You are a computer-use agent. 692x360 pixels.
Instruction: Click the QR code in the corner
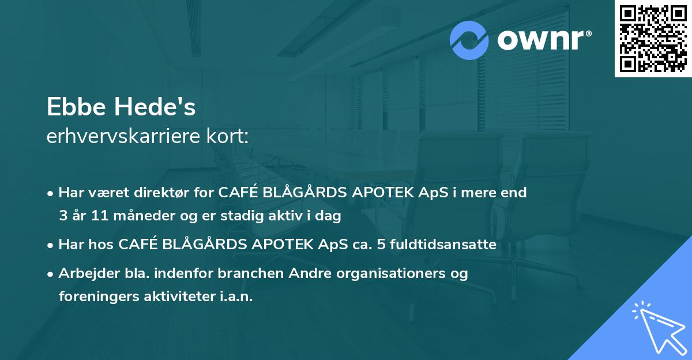(653, 38)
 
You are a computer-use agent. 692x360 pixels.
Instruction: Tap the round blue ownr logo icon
(469, 40)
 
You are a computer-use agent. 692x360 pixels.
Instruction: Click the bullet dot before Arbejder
(51, 273)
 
